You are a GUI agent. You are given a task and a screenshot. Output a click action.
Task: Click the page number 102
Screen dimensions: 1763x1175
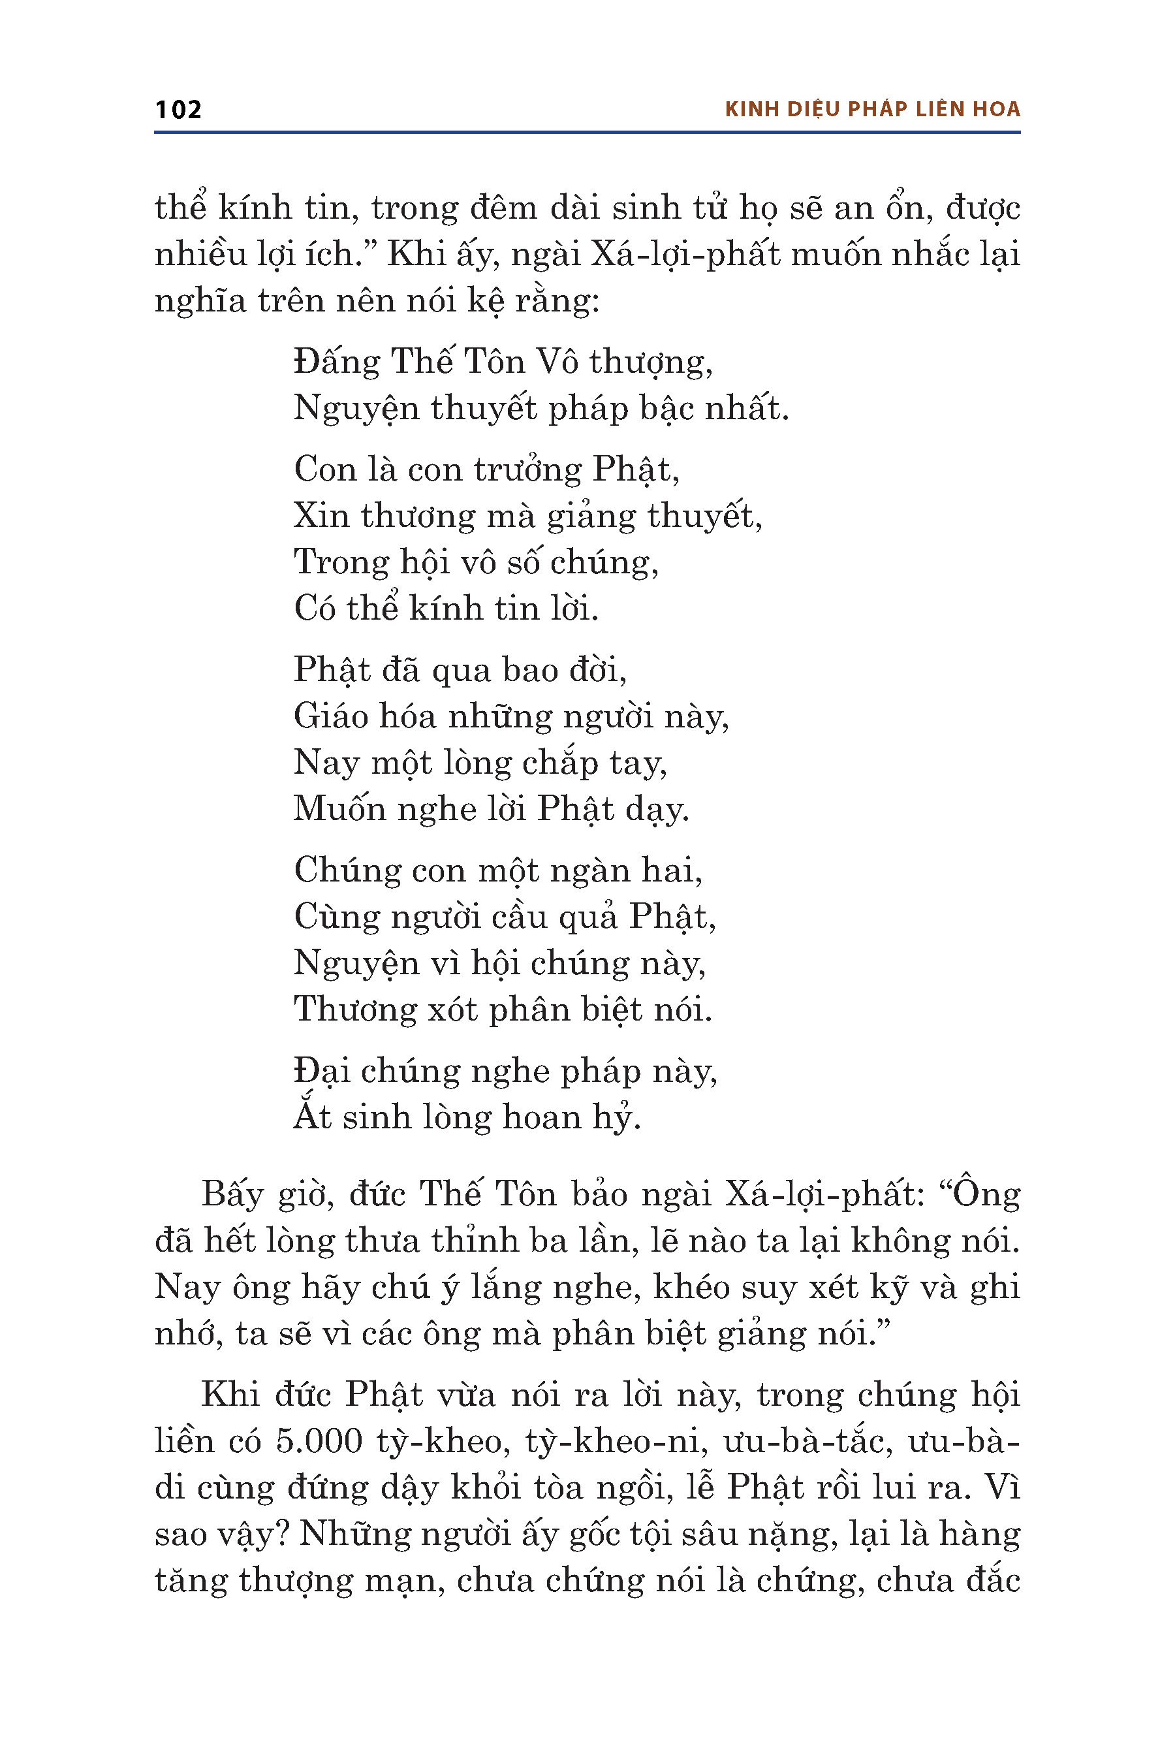click(x=178, y=110)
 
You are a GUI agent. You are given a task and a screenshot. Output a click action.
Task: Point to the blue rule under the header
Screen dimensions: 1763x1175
click(x=587, y=133)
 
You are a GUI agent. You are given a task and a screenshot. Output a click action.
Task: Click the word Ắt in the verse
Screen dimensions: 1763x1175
click(x=313, y=1117)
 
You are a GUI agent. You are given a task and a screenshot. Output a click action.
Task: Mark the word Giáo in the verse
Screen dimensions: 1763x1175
click(x=330, y=716)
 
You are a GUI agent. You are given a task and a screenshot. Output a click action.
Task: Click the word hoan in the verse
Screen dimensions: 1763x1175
click(x=541, y=1117)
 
